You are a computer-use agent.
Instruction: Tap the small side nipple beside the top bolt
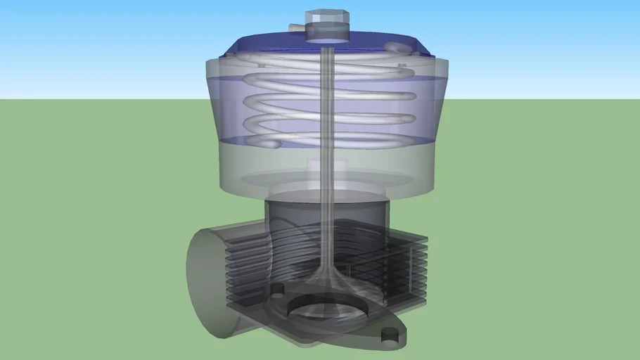[x=299, y=27]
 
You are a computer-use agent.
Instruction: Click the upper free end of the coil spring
[x=402, y=48]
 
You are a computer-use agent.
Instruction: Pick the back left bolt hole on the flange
[x=276, y=290]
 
